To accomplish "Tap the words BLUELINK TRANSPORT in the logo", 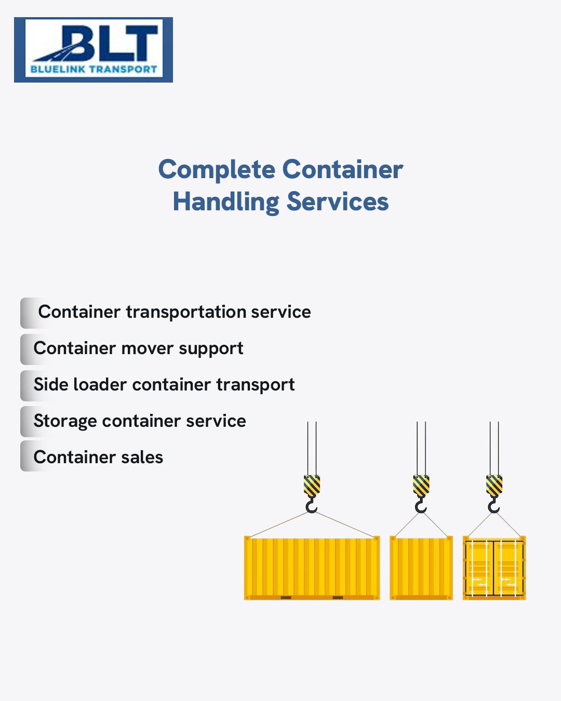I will [x=94, y=69].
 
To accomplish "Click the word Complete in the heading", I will [x=217, y=170].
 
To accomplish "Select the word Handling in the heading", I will [x=226, y=202].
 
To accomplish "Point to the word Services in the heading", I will [x=338, y=202].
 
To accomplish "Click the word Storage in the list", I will [x=64, y=421].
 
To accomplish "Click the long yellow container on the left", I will [x=312, y=568].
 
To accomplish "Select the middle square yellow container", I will [x=421, y=568].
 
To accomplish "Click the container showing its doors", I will [x=494, y=568].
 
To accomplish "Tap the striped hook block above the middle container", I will [x=421, y=486].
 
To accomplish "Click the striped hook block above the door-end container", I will [x=494, y=486].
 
